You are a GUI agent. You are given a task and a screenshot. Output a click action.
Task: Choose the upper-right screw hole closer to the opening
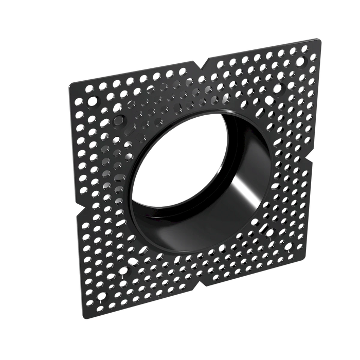coord(277,88)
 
